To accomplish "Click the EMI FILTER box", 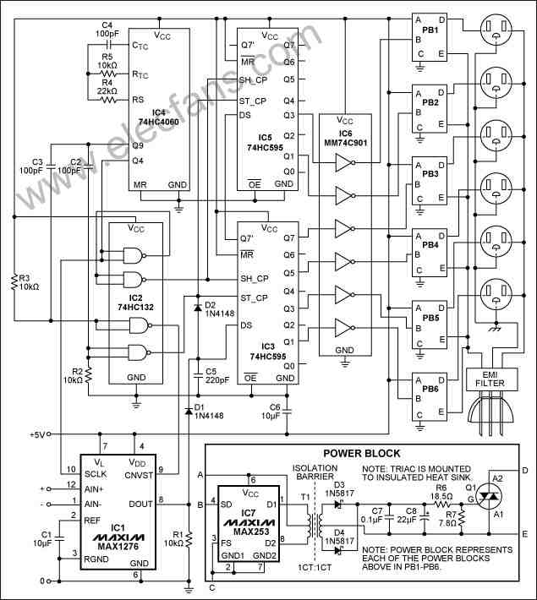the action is tap(492, 379).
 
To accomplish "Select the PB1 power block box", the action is tap(430, 37).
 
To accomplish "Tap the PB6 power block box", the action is tap(430, 396).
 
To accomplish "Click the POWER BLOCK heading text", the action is tap(362, 454).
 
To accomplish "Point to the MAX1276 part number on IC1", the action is tap(118, 547).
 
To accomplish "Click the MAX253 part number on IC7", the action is tap(251, 532).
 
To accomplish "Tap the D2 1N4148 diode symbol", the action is tap(198, 308).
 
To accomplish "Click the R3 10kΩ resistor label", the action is tap(29, 282).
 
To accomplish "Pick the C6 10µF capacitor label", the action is tap(271, 412).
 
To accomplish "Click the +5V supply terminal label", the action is tap(37, 434).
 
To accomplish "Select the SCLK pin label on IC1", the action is tap(96, 474).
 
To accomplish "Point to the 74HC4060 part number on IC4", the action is tap(159, 122).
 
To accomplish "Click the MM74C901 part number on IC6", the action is tap(346, 143).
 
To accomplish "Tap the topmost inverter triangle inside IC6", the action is tap(343, 163).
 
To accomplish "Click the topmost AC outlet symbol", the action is tap(496, 30).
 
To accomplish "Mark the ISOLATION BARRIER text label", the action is tap(315, 472).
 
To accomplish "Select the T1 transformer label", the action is tap(305, 497).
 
